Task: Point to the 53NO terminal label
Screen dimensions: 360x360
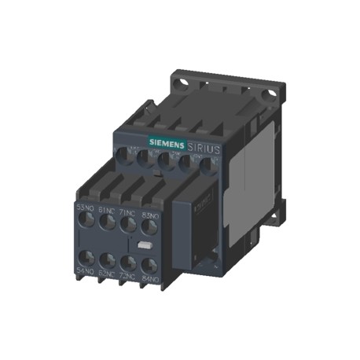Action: coord(86,208)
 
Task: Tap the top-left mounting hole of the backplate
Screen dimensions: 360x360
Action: coord(179,81)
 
